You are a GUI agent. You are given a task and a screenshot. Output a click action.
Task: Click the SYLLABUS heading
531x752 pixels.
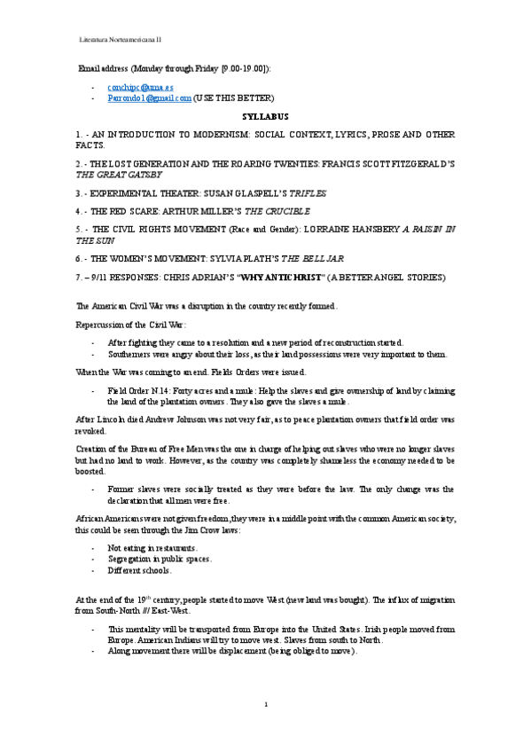265,116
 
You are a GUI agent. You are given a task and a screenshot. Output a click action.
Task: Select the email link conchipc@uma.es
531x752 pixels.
140,88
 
